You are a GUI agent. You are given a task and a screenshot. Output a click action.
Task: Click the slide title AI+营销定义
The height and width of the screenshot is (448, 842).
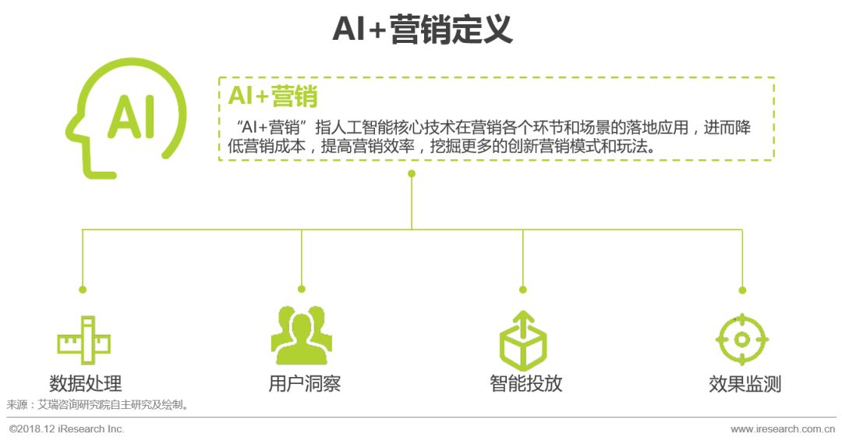pyautogui.click(x=422, y=30)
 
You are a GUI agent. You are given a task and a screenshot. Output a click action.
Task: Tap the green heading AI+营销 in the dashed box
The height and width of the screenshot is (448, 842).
pyautogui.click(x=272, y=97)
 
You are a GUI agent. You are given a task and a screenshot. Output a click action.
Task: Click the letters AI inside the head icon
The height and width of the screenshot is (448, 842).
pyautogui.click(x=130, y=118)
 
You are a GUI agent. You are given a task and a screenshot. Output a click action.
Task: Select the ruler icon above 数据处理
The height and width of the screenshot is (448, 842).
pyautogui.click(x=84, y=340)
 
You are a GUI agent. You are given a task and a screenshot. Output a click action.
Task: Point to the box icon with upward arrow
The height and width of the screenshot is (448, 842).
pyautogui.click(x=523, y=339)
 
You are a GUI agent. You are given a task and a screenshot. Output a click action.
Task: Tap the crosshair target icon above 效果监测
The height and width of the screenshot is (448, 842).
pyautogui.click(x=742, y=340)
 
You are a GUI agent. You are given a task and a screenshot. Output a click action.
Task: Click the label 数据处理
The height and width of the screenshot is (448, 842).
pyautogui.click(x=85, y=384)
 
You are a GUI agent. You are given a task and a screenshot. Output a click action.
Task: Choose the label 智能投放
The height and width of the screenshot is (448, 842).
pyautogui.click(x=525, y=384)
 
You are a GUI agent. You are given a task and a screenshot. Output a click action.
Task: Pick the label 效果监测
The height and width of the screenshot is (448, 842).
pyautogui.click(x=745, y=384)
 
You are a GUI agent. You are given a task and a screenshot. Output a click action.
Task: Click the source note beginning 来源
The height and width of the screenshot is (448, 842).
pyautogui.click(x=97, y=405)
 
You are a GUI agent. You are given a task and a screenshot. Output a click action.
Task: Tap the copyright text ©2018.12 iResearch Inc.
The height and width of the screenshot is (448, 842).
pyautogui.click(x=67, y=429)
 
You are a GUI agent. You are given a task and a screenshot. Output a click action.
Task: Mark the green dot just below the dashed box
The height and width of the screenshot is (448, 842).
pyautogui.click(x=412, y=173)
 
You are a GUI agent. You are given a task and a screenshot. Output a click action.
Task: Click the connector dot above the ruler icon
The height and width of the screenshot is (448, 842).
pyautogui.click(x=83, y=290)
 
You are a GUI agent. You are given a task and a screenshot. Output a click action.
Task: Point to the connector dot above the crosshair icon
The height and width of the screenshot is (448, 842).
pyautogui.click(x=742, y=290)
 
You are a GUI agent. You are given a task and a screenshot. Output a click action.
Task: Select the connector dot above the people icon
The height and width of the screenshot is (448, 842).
pyautogui.click(x=302, y=290)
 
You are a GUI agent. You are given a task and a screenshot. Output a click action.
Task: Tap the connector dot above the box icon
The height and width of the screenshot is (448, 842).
pyautogui.click(x=522, y=290)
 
